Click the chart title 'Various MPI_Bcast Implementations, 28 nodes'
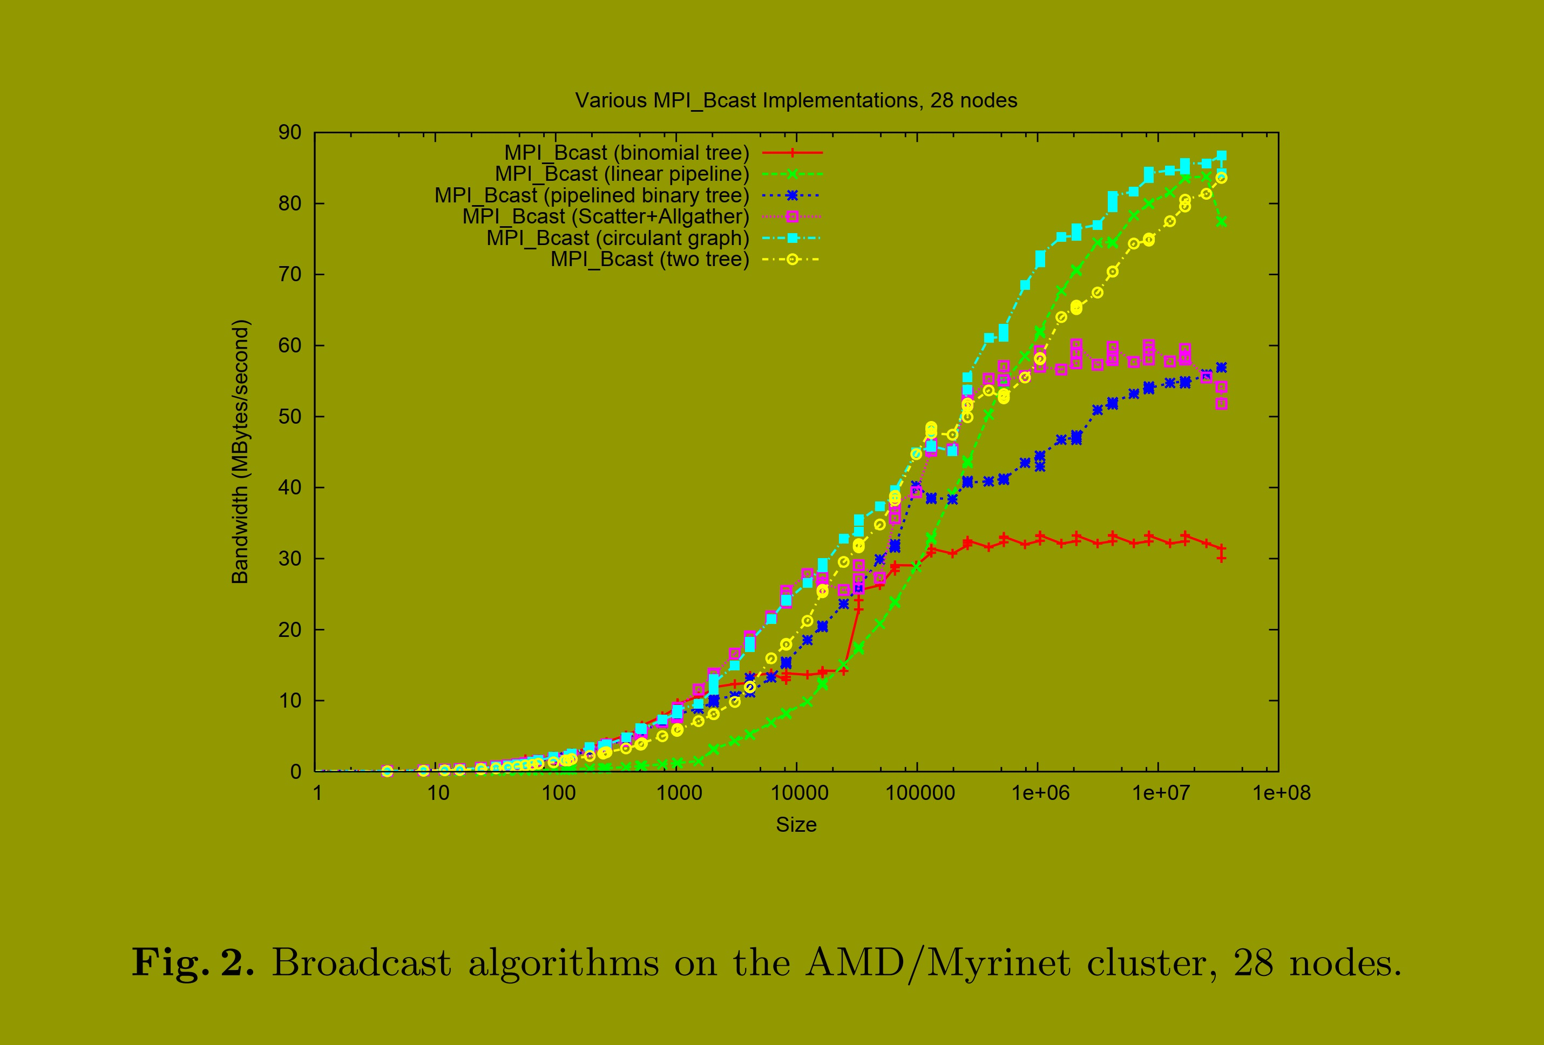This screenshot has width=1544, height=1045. [x=795, y=100]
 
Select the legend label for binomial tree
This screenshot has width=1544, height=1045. [x=626, y=153]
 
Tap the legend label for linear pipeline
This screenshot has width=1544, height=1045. [x=621, y=174]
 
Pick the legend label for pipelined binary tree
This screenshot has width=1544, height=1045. [x=591, y=195]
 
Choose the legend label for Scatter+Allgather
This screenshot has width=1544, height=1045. [x=605, y=216]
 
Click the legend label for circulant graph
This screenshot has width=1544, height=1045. [x=617, y=238]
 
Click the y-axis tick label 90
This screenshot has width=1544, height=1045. [x=290, y=132]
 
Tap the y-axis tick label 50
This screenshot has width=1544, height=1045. [x=290, y=417]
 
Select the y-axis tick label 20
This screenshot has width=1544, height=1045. [x=290, y=630]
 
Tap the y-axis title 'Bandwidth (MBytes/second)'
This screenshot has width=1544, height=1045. [x=240, y=452]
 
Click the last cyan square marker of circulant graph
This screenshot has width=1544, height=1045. [x=1221, y=156]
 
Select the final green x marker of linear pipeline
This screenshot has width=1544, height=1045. [x=1221, y=222]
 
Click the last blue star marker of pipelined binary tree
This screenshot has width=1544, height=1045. [x=1221, y=368]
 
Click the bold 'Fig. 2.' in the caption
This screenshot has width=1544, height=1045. [x=193, y=962]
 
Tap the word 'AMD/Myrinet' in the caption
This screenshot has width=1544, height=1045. [x=937, y=962]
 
